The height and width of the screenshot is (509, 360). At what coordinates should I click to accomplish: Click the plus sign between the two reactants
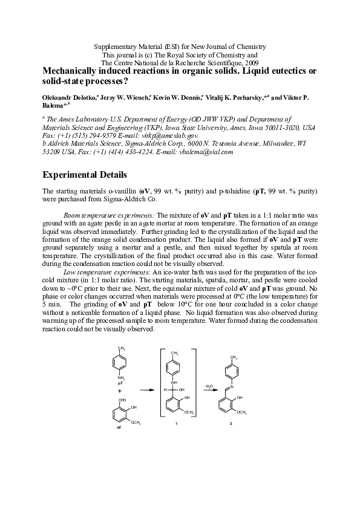(x=119, y=391)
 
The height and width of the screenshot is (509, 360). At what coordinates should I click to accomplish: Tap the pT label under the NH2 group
(x=120, y=383)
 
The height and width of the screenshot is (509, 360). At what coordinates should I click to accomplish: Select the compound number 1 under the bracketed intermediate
(x=175, y=424)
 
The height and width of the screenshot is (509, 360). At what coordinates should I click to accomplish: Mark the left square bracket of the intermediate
(x=162, y=380)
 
